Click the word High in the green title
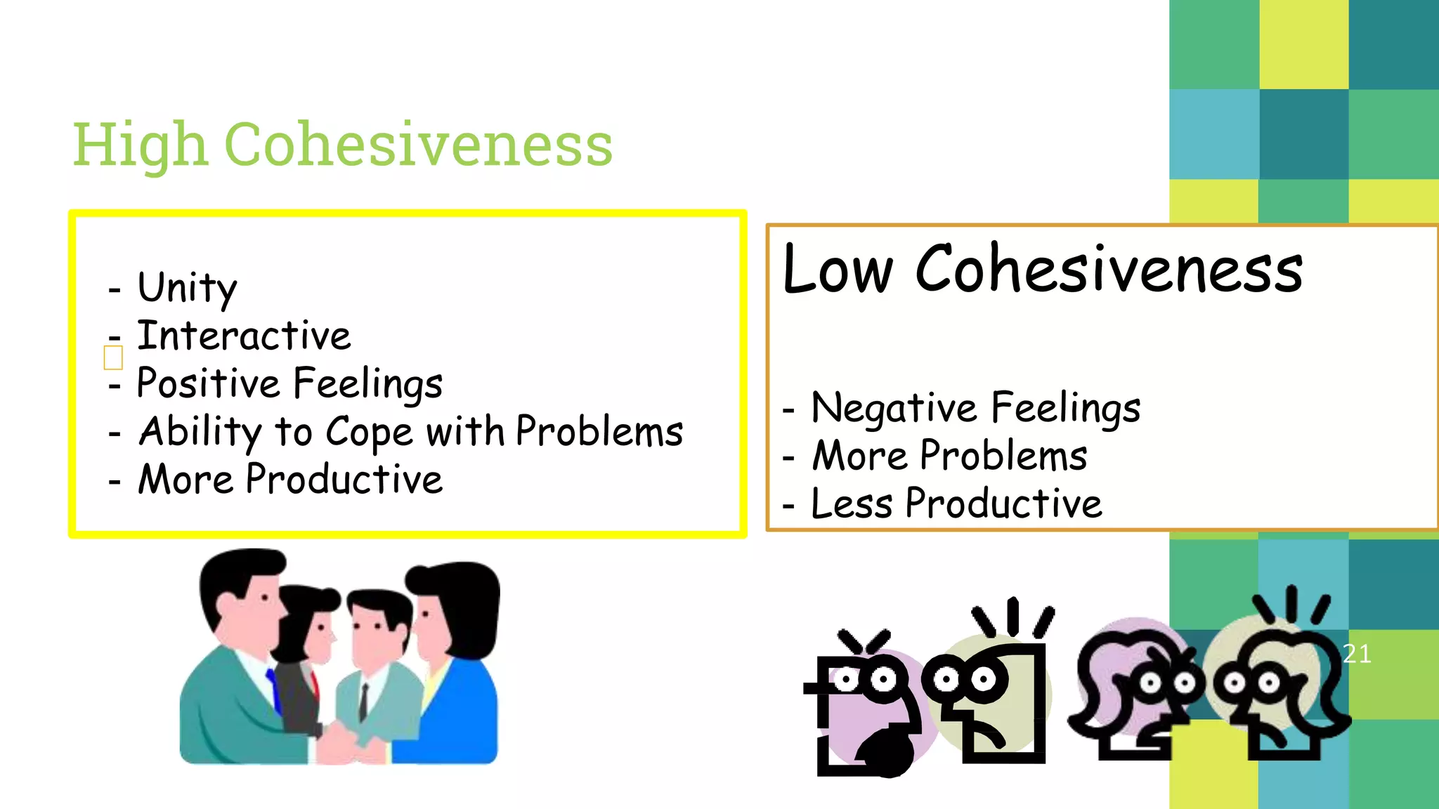point(141,145)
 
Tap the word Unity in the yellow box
point(187,288)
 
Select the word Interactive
point(244,336)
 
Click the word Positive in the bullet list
point(208,383)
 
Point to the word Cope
point(369,433)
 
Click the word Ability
point(200,431)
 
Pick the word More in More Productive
point(185,480)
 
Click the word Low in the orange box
point(837,270)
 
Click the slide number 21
point(1357,654)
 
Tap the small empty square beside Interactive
point(113,357)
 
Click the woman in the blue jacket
point(457,674)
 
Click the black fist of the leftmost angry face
point(887,751)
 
